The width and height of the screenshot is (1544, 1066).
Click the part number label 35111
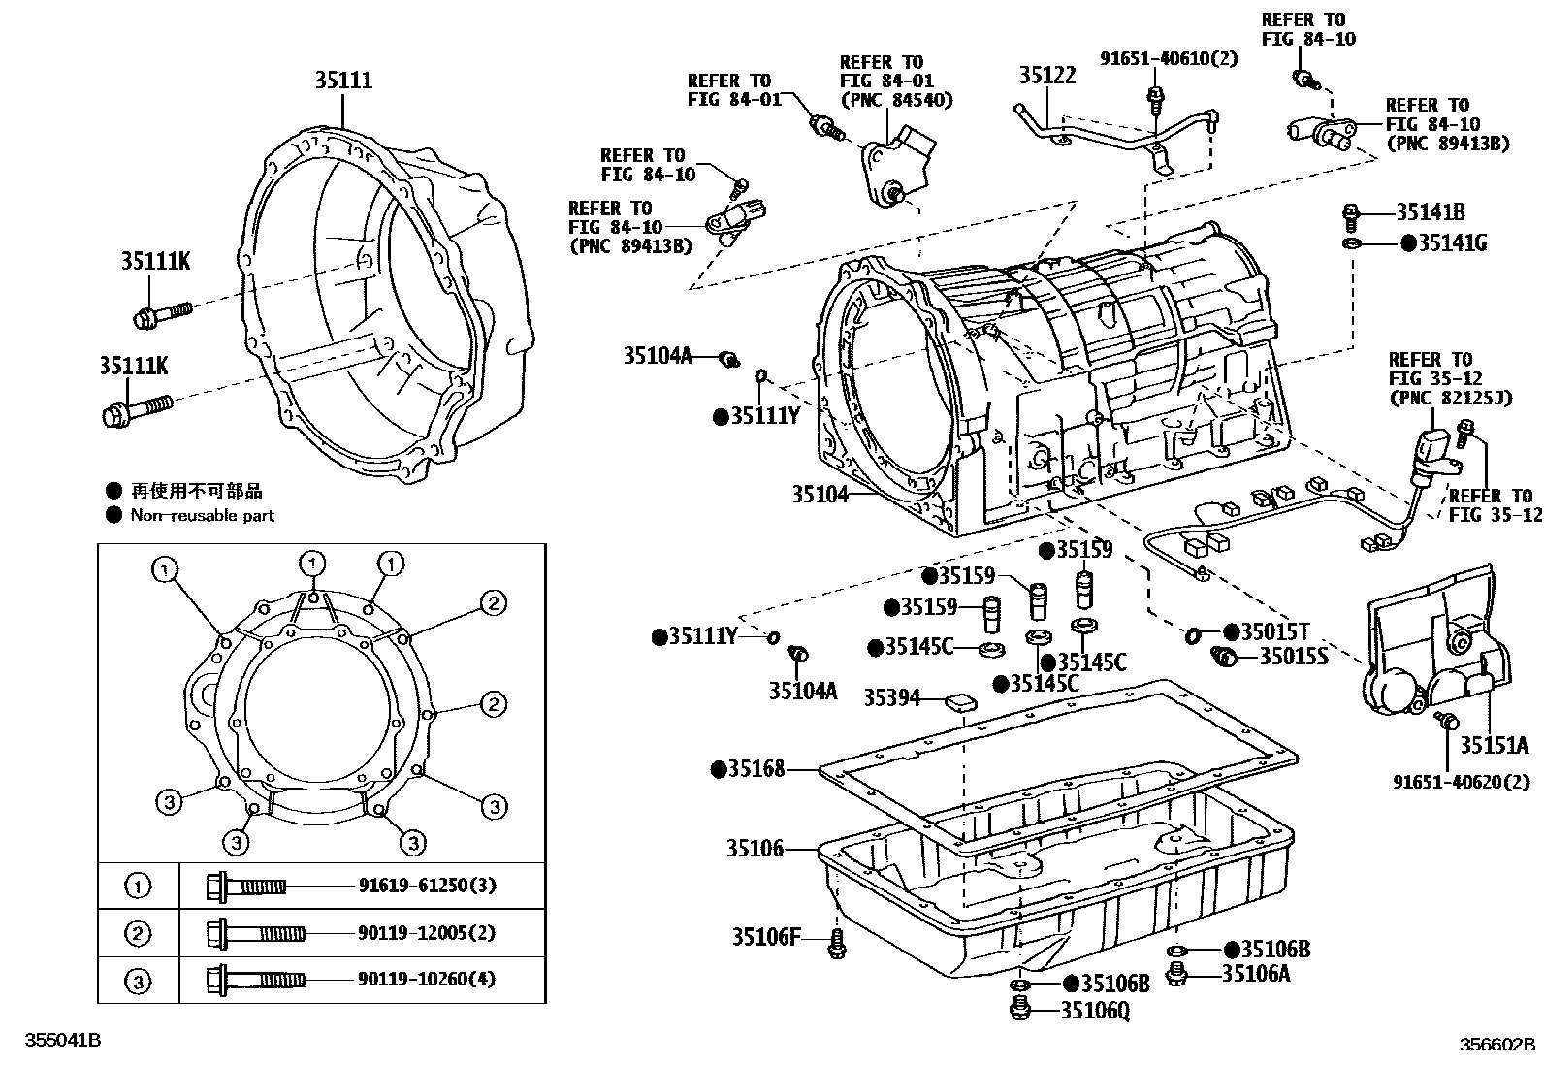(342, 81)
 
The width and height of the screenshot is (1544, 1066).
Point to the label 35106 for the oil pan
(755, 849)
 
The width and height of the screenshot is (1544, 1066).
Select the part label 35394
(891, 697)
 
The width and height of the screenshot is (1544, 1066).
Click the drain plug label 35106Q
(1094, 1011)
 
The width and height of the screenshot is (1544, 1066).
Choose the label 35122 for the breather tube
(1046, 75)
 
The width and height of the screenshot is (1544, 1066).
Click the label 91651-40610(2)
(1169, 58)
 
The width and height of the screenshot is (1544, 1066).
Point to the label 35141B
(1430, 212)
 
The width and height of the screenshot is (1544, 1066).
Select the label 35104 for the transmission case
(820, 494)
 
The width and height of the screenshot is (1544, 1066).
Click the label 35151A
(1495, 745)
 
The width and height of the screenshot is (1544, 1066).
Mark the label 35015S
(1293, 657)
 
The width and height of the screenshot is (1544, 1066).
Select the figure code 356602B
(1498, 1045)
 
